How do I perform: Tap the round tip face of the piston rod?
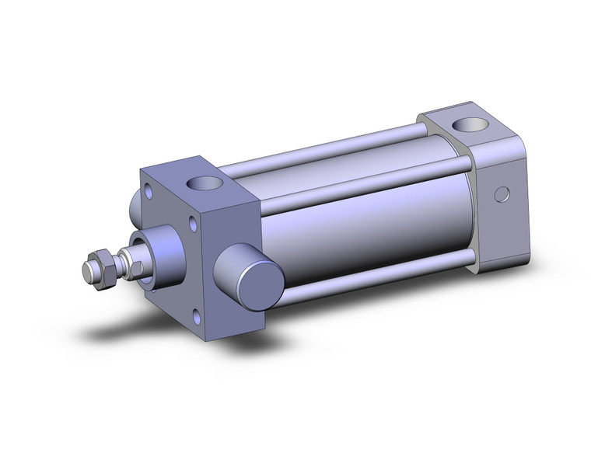click(x=88, y=273)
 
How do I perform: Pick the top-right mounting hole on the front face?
click(x=191, y=227)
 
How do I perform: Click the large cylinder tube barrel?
click(x=358, y=218)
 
